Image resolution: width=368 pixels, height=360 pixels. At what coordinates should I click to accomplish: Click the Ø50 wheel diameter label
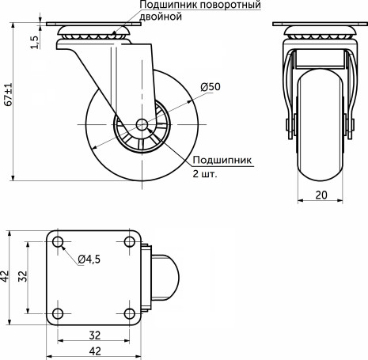tap(209, 86)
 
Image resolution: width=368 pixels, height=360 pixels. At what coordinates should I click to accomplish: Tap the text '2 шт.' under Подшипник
tap(205, 172)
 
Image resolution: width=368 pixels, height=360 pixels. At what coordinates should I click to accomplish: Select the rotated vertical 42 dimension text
tap(6, 275)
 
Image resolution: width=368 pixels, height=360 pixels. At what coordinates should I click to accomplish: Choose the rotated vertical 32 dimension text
tap(23, 275)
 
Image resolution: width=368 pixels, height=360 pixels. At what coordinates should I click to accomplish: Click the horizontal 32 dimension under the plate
tap(94, 334)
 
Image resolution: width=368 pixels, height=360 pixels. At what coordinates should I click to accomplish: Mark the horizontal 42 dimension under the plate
tap(94, 351)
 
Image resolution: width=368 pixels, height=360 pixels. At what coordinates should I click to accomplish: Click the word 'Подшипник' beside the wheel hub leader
tap(222, 159)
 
